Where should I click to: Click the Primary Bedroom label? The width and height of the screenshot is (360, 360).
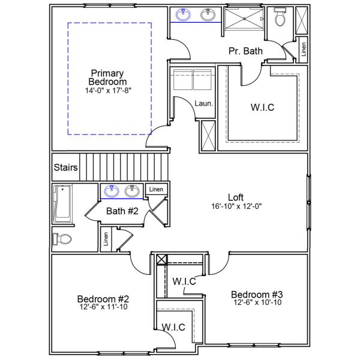(107, 77)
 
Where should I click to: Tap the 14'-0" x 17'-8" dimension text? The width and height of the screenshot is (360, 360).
(107, 91)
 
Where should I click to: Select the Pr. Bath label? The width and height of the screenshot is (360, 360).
(245, 52)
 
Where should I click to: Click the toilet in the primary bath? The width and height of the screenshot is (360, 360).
(280, 19)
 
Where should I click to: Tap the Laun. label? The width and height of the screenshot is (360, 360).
(203, 104)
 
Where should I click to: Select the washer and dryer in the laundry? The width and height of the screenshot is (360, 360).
(192, 78)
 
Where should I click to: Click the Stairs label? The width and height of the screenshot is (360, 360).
(65, 167)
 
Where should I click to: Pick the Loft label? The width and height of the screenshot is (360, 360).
(236, 197)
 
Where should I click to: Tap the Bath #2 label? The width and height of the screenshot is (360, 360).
(122, 211)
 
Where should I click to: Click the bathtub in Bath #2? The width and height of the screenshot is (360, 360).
(62, 204)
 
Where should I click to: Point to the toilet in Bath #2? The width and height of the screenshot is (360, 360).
(62, 239)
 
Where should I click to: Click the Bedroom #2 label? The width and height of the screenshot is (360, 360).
(103, 299)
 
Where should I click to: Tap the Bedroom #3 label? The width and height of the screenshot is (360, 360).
(257, 295)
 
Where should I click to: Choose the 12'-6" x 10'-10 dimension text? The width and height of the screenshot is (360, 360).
(257, 303)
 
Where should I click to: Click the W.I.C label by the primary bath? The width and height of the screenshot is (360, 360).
(262, 109)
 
